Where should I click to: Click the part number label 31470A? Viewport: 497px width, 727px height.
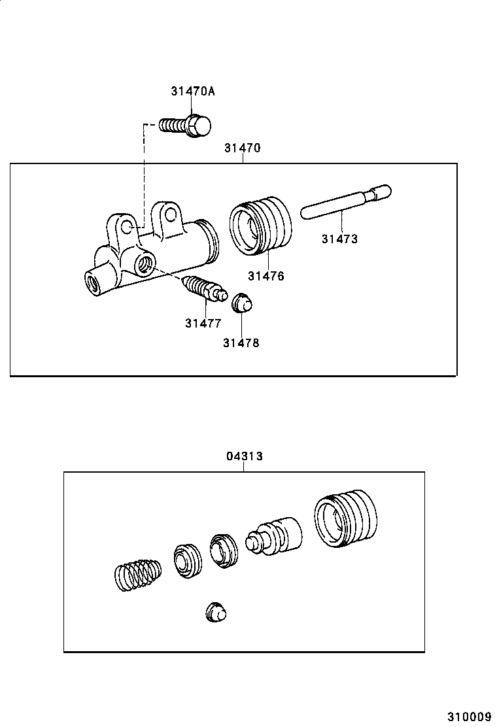coord(192,92)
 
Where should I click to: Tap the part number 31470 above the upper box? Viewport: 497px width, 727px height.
coord(242,148)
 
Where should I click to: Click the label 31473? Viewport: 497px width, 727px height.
coord(339,239)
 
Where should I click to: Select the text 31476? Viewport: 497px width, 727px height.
coord(266,276)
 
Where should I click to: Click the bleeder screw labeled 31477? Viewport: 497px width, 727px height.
coord(204,290)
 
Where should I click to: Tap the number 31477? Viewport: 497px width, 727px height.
coord(203,323)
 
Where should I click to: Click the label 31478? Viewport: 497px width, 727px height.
coord(241,343)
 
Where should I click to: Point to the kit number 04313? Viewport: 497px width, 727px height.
coord(245,456)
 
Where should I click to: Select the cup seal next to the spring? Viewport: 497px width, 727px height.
coord(188,560)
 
